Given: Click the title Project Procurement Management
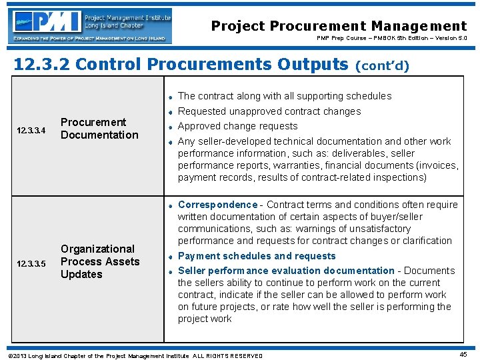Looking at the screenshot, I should (339, 26).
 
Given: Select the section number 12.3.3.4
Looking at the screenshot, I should (31, 130).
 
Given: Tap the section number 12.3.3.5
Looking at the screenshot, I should (31, 263).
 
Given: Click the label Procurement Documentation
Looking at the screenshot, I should (99, 129).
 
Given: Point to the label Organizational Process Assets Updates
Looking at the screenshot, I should (100, 261).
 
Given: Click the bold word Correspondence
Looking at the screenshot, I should (217, 205).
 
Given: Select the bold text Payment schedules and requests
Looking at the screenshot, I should (257, 256).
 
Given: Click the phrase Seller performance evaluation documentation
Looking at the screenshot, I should (286, 271).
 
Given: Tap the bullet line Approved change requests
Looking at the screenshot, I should (237, 126).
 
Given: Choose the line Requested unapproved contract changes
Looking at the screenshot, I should (269, 111).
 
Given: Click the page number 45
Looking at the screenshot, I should (463, 355).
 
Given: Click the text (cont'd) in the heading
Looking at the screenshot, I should (383, 65).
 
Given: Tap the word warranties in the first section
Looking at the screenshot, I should (295, 165).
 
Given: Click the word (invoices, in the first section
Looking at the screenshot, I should (437, 165).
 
